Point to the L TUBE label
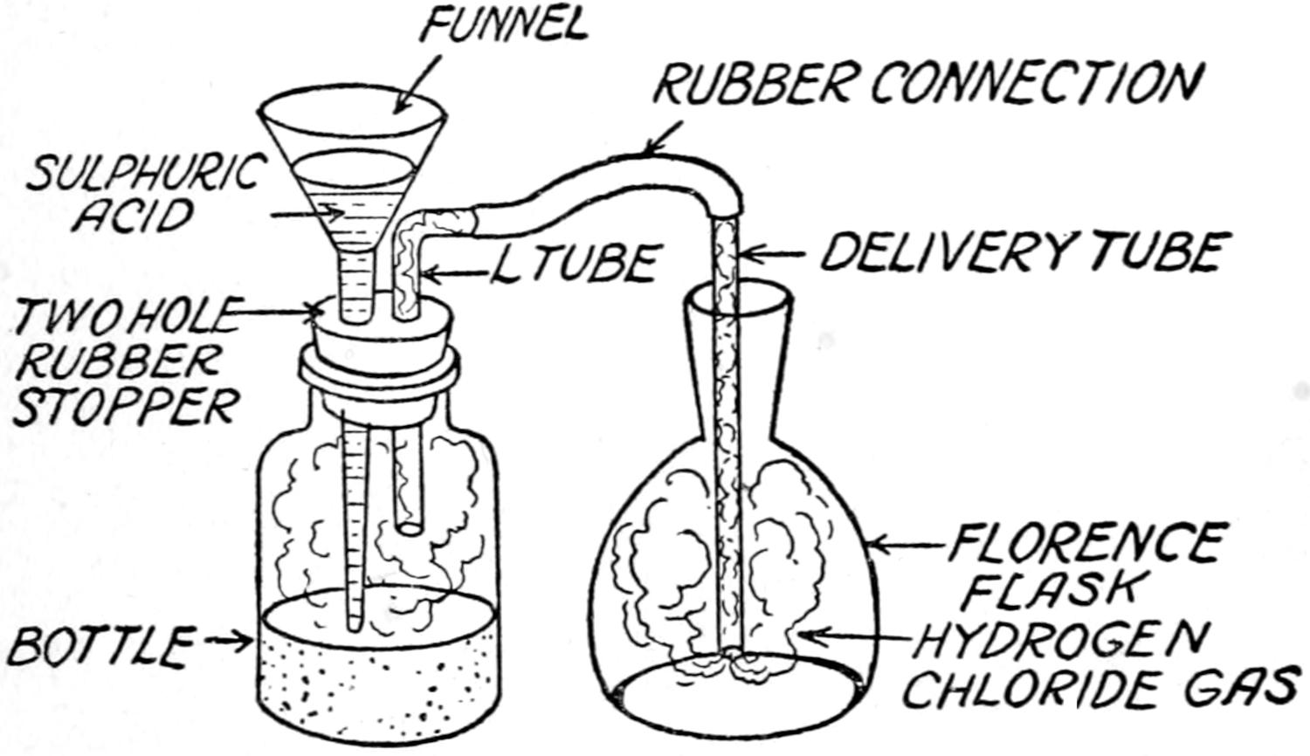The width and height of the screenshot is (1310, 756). [573, 263]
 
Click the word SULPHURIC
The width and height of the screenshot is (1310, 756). [144, 174]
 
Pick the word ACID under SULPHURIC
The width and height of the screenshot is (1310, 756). [131, 214]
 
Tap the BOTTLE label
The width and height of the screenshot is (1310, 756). [100, 646]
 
